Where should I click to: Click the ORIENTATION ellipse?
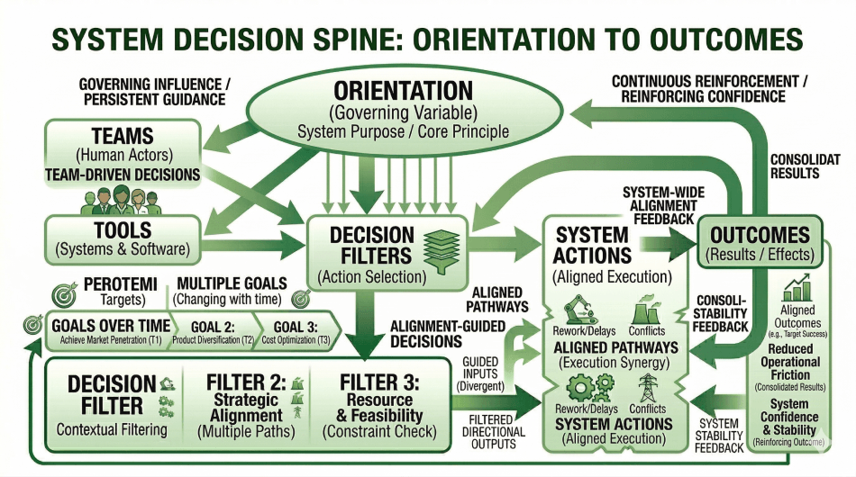(x=403, y=110)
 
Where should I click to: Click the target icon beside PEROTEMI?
(x=65, y=292)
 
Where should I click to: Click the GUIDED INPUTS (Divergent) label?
(x=483, y=373)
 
